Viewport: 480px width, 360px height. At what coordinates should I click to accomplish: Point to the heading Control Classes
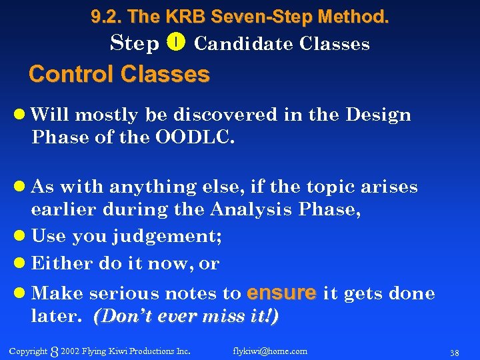(x=119, y=74)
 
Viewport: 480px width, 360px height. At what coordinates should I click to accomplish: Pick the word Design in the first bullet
(x=378, y=115)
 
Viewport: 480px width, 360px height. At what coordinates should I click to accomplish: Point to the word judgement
(x=167, y=236)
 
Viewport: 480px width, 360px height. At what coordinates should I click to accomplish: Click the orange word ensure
(x=281, y=293)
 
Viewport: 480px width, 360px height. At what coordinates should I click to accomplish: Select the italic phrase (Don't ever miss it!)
(x=186, y=317)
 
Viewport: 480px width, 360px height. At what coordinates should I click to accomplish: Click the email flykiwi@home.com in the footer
(x=270, y=351)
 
